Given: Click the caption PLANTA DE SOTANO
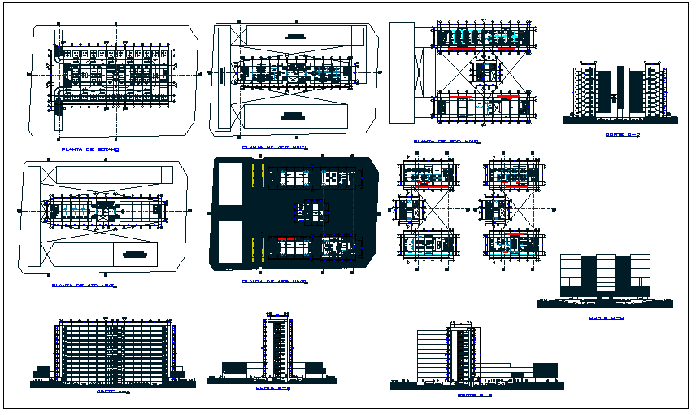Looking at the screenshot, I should [90, 150].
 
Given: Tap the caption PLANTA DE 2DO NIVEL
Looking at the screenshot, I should [444, 141].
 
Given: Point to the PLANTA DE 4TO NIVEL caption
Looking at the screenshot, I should [80, 286].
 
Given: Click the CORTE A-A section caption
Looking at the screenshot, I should [113, 391].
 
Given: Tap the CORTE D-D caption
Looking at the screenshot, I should [605, 318].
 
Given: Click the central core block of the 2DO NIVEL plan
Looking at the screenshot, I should [485, 73].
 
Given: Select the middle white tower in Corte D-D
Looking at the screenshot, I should [605, 274].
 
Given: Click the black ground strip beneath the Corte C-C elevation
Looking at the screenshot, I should [620, 120].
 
